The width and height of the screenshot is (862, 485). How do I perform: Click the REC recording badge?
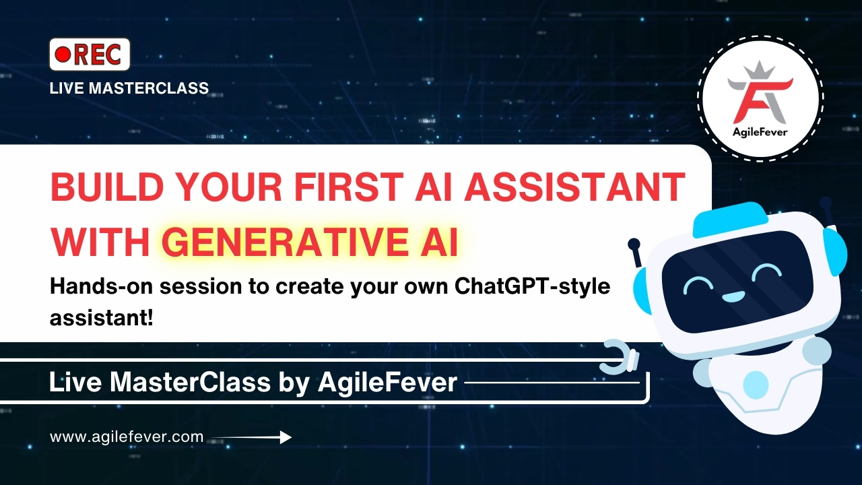90,55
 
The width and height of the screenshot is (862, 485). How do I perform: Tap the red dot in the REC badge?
63,55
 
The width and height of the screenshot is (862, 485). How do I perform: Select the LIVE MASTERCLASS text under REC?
129,88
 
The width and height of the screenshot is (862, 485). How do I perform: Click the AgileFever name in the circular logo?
760,131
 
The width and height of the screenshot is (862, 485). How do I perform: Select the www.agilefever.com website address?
127,437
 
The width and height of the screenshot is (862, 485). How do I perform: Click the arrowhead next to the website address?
285,437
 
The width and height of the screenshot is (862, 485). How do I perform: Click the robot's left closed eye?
698,285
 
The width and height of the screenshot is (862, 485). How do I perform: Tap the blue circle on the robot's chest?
755,384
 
